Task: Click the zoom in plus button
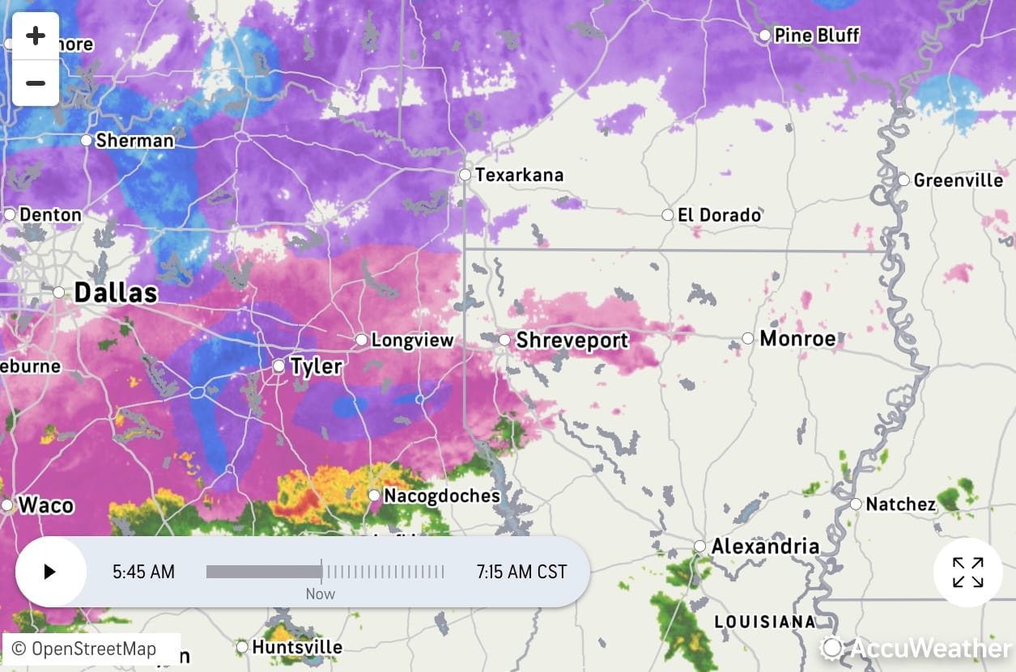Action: point(36,36)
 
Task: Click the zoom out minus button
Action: point(36,83)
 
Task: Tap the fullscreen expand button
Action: point(967,573)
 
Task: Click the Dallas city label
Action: point(115,293)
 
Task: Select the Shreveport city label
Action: point(572,340)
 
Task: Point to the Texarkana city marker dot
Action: point(465,175)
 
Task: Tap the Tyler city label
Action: point(316,366)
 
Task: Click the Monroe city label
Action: point(797,338)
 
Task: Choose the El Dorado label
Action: point(719,215)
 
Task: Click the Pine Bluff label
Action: point(816,36)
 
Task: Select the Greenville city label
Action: point(958,180)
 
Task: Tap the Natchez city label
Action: point(900,505)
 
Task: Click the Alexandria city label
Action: point(765,547)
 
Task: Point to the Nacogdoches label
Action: point(441,496)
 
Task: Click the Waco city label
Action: point(46,505)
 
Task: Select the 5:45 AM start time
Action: point(143,573)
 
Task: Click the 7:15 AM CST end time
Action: point(521,573)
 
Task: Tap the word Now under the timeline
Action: point(321,594)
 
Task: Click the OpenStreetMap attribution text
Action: point(83,649)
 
